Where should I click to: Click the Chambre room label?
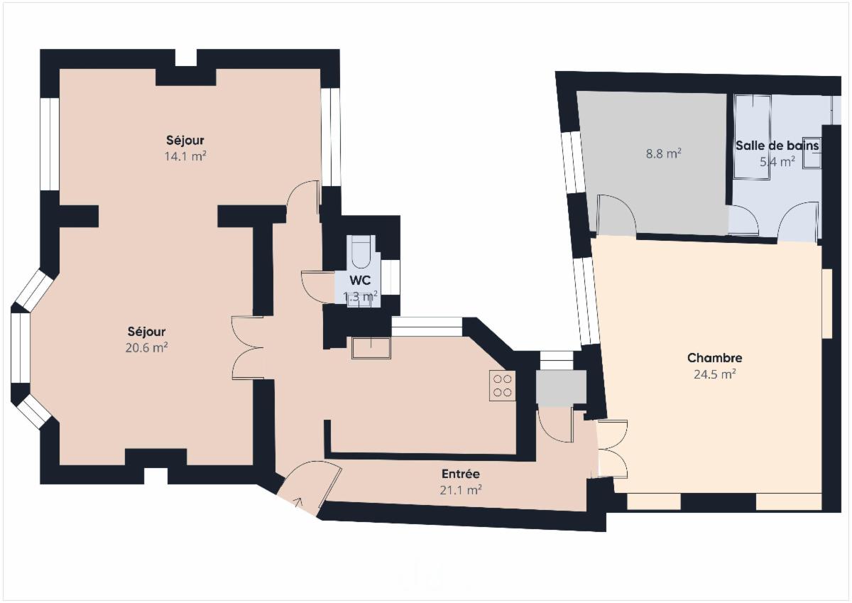tap(715, 358)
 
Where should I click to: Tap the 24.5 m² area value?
tap(715, 374)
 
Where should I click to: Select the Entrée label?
tap(461, 474)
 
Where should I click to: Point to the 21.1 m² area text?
tap(461, 490)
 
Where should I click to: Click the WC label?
tap(360, 281)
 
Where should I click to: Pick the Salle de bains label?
tap(777, 146)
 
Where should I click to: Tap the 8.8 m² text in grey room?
tap(663, 153)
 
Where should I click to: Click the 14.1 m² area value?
tap(185, 156)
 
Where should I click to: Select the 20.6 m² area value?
tap(147, 347)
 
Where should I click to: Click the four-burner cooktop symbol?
tap(503, 386)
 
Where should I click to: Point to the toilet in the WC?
tap(361, 251)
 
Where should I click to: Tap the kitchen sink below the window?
tap(371, 348)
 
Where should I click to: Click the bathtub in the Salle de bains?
tap(753, 136)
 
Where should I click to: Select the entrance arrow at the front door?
tap(298, 502)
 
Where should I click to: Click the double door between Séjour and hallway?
tap(248, 348)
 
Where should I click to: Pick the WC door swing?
tap(318, 286)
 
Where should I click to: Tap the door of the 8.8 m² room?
tap(616, 215)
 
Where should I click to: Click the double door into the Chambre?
tap(612, 448)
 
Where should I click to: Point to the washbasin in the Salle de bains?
tap(811, 152)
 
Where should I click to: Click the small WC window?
tap(390, 277)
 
